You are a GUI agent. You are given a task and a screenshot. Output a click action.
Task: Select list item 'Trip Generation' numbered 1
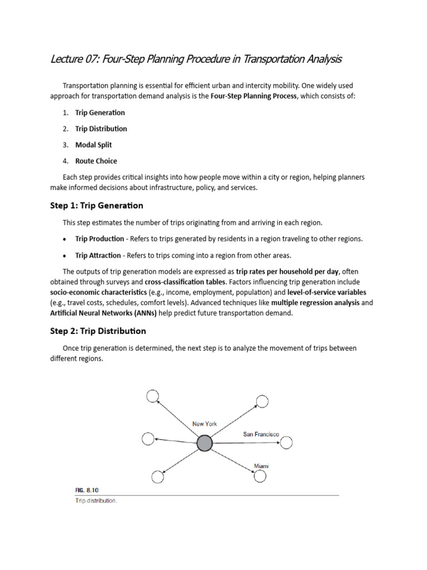pyautogui.click(x=100, y=112)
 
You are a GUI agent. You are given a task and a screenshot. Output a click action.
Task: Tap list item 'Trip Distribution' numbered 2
pyautogui.click(x=101, y=129)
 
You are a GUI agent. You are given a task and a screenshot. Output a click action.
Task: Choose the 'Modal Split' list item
pyautogui.click(x=93, y=145)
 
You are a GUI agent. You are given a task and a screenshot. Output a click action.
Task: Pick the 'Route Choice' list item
pyautogui.click(x=96, y=161)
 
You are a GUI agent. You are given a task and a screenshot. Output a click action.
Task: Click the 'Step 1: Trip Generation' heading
pyautogui.click(x=97, y=205)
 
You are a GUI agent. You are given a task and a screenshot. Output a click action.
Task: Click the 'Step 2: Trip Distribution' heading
pyautogui.click(x=98, y=331)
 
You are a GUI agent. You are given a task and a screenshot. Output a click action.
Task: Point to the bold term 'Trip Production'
pyautogui.click(x=100, y=239)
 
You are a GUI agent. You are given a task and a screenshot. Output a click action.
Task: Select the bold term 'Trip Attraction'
pyautogui.click(x=98, y=255)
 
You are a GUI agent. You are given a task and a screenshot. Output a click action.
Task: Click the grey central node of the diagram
pyautogui.click(x=205, y=443)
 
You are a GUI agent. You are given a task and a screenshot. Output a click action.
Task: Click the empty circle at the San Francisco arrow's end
pyautogui.click(x=286, y=443)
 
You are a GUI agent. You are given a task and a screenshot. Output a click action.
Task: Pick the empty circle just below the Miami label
pyautogui.click(x=260, y=476)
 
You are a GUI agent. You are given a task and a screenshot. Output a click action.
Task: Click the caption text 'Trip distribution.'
pyautogui.click(x=96, y=501)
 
